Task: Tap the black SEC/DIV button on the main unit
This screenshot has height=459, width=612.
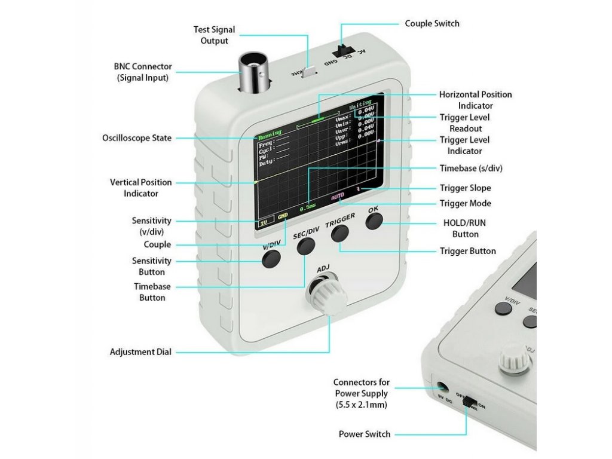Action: coord(306,245)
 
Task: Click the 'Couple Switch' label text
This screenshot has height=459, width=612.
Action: coord(432,23)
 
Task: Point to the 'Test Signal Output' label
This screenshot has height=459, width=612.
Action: coord(214,35)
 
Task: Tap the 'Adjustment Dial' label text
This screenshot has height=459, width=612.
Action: coord(140,352)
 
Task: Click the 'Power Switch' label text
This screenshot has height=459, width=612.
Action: coord(365,434)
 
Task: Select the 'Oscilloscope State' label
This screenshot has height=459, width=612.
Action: coord(137,138)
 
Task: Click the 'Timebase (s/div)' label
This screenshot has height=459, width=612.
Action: coord(471,168)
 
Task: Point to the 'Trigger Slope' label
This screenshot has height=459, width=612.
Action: coord(465,188)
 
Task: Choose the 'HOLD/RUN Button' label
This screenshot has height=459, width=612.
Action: coord(466,229)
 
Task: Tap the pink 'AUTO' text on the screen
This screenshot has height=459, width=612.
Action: coord(338,196)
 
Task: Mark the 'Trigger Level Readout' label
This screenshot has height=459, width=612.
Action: coord(465,123)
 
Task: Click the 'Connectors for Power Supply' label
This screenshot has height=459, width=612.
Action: coord(361,393)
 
